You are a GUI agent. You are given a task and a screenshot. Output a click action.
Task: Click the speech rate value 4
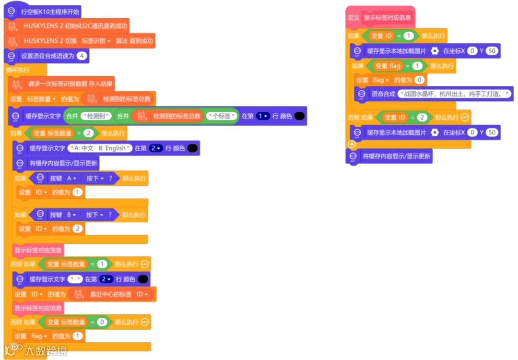pos(82,56)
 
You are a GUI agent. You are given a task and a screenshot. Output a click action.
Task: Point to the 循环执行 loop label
pos(18,70)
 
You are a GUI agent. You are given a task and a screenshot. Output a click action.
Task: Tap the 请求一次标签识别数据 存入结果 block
pos(70,84)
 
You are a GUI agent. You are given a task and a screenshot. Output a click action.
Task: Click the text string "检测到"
pos(96,116)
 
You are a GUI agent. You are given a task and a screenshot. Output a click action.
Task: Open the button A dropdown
pos(71,178)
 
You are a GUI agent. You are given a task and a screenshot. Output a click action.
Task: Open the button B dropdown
pos(71,215)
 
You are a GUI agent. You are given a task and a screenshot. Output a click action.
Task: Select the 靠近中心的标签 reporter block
pos(110,294)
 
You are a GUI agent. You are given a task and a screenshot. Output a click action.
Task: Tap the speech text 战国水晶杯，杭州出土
pos(455,94)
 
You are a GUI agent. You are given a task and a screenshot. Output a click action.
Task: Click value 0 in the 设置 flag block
pos(420,80)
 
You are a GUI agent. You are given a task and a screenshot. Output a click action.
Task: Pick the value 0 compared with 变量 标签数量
pos(102,322)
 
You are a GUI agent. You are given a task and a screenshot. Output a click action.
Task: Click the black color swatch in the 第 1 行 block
pos(299,116)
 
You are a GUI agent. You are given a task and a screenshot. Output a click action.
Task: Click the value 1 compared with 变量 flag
pos(417,66)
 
